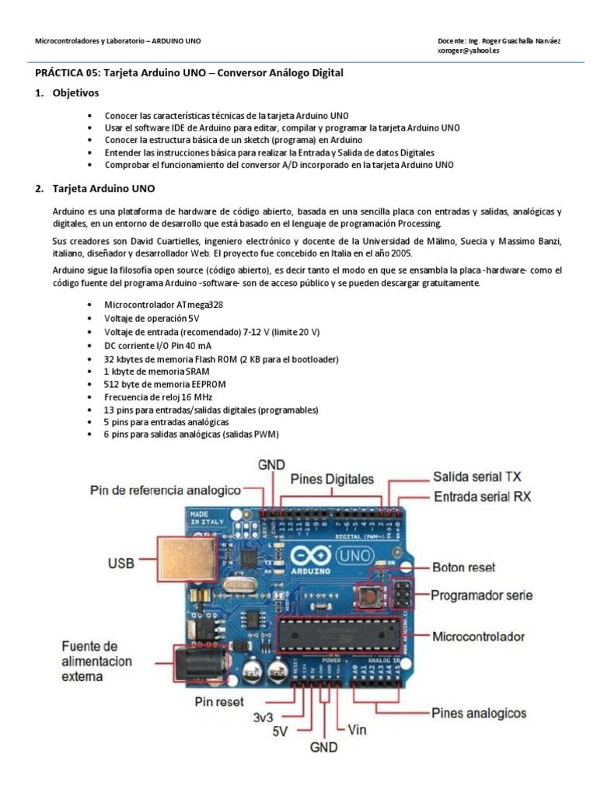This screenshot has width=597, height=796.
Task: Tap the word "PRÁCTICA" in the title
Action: (60, 72)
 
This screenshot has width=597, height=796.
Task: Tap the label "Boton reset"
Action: (463, 567)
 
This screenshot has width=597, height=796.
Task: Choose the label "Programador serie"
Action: (482, 595)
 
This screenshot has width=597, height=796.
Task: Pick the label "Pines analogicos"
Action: (479, 713)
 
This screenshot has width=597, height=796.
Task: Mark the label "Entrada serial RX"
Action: (482, 496)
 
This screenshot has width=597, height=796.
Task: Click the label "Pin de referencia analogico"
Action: (166, 491)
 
